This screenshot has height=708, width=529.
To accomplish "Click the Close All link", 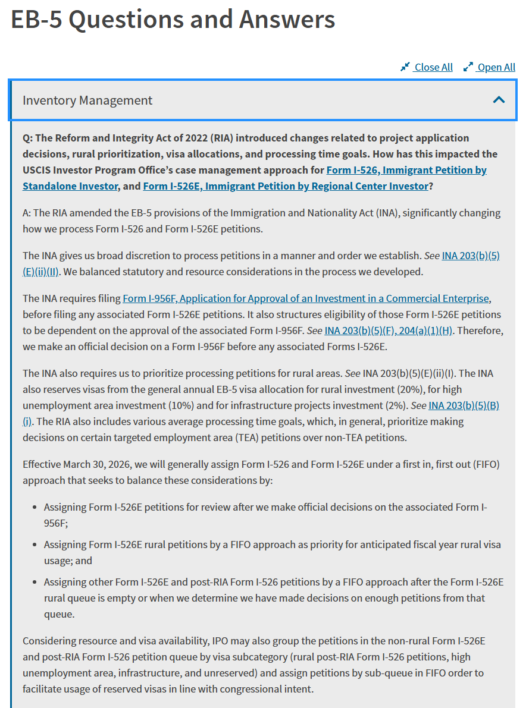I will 433,67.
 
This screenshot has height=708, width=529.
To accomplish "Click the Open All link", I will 496,67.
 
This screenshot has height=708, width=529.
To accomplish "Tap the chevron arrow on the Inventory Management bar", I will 499,100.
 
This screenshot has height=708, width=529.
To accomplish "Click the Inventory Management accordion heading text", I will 87,100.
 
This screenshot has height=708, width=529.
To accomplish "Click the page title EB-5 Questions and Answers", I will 173,20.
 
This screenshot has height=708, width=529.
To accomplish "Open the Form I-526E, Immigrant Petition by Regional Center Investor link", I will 286,186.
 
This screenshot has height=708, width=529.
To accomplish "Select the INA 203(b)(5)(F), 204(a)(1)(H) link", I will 389,331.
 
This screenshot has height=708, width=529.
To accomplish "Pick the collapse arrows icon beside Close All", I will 405,67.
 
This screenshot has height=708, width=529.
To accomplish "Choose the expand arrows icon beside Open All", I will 468,67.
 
